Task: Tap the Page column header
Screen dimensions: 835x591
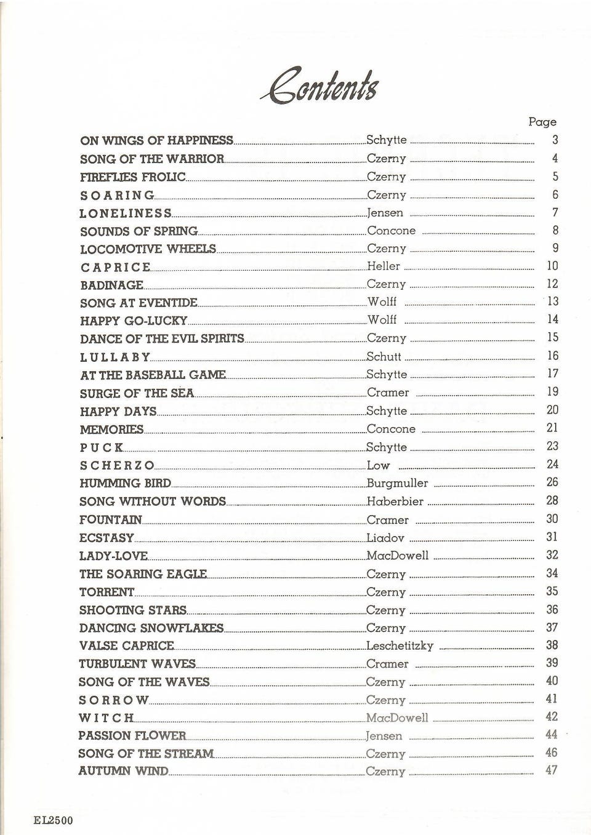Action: [542, 122]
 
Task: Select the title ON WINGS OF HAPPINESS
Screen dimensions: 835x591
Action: [156, 141]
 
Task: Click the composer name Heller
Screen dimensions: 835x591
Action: [384, 266]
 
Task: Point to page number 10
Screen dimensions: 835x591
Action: [552, 266]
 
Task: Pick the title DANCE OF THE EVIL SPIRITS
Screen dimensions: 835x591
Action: [162, 338]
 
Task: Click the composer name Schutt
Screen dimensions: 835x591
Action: [384, 356]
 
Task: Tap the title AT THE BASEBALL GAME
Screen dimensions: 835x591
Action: [153, 375]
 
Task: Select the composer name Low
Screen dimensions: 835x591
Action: [378, 466]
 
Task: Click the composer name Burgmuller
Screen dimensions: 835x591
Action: [397, 484]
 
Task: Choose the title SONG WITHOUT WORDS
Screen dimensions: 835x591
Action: [153, 501]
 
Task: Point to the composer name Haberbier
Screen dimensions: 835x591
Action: [395, 501]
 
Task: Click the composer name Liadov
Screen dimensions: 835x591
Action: [385, 538]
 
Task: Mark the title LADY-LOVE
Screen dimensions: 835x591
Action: [113, 556]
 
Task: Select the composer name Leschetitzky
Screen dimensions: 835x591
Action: [400, 646]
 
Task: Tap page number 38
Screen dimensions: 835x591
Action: [552, 645]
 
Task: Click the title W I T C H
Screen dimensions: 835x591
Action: [106, 718]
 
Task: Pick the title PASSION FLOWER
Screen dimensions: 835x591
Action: [132, 736]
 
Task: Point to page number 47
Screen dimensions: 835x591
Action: [552, 770]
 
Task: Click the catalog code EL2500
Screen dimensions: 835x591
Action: [54, 820]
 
